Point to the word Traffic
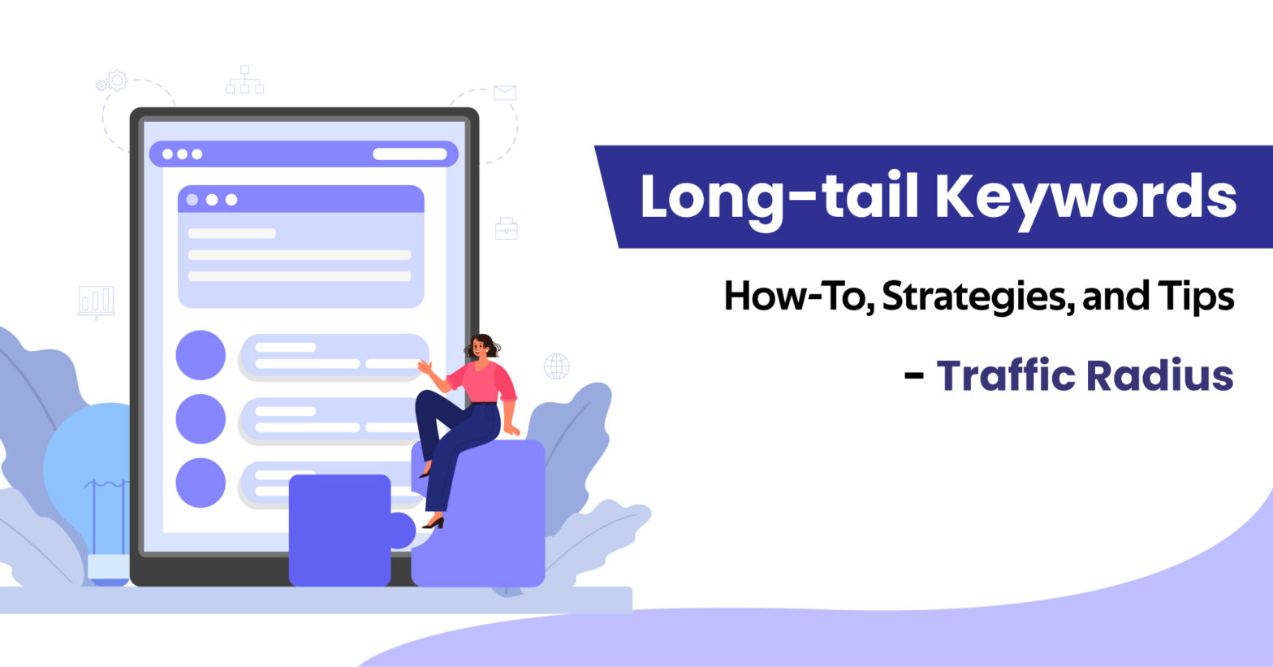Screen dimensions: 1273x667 [1006, 375]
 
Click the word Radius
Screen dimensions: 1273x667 [1160, 375]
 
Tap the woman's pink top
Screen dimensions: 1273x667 [482, 382]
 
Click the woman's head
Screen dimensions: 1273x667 [481, 346]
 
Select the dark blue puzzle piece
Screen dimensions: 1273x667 [347, 530]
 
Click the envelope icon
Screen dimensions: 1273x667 [505, 92]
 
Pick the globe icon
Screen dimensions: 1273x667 [556, 366]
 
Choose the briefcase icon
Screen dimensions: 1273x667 [507, 228]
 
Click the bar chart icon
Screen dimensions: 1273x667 [96, 302]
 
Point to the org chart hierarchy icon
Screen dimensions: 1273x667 [244, 80]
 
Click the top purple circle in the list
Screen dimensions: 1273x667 [201, 355]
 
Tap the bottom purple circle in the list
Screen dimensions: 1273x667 [201, 483]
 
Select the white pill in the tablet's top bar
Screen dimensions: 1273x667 [410, 154]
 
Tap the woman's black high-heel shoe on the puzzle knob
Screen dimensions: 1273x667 [434, 522]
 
